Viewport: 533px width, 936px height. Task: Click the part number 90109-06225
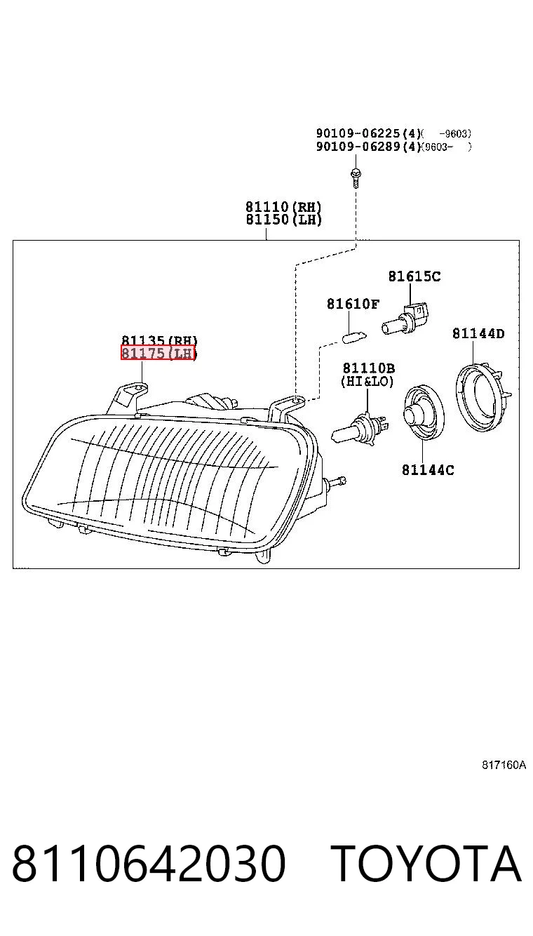click(x=358, y=134)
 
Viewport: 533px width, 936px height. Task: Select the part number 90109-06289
click(x=358, y=147)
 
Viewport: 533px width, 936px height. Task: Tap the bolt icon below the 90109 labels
click(x=356, y=178)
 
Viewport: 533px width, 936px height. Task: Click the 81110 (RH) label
click(x=283, y=206)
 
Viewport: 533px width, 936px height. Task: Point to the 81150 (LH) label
click(x=283, y=220)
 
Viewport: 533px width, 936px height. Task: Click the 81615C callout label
click(x=414, y=276)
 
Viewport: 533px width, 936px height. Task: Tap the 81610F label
click(x=353, y=304)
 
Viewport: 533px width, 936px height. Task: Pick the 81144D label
click(x=479, y=333)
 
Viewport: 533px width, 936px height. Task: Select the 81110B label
click(x=369, y=368)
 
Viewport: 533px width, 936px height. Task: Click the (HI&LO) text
click(x=367, y=381)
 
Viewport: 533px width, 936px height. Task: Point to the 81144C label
click(x=428, y=470)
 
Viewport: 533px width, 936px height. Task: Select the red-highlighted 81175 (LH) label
click(x=158, y=353)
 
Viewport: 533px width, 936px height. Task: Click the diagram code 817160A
click(x=504, y=765)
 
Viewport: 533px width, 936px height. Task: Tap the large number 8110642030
click(x=149, y=863)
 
